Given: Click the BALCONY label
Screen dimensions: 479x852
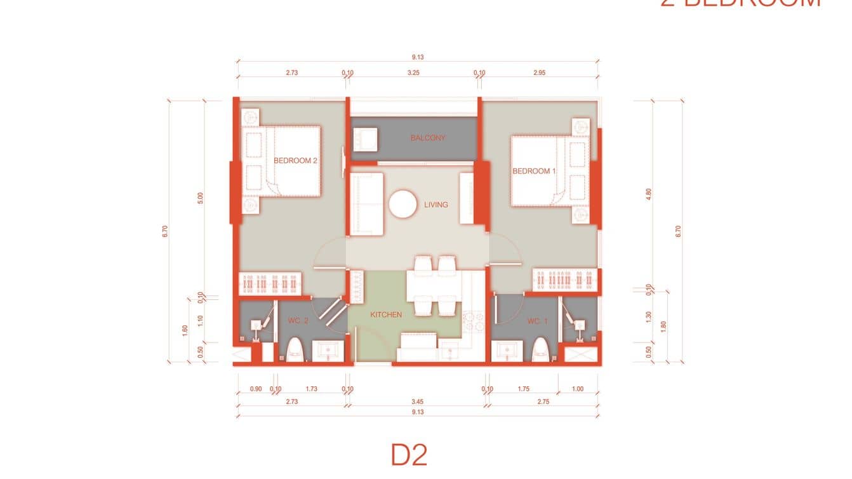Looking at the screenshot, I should tap(427, 138).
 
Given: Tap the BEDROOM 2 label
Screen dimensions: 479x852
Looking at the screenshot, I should tap(295, 161).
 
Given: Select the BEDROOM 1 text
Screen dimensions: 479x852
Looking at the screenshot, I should tap(534, 171).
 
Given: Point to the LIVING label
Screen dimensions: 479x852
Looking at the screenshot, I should tap(436, 205).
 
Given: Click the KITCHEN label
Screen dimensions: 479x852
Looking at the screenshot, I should tap(386, 314).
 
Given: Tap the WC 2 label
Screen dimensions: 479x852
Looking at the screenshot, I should tap(298, 321).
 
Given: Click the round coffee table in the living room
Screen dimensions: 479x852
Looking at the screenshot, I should tap(403, 205).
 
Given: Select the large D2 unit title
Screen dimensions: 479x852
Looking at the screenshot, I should tap(409, 455).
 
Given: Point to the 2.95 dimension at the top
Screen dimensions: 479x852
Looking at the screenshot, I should tap(539, 72).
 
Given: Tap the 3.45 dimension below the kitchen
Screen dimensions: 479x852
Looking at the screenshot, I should tap(417, 401).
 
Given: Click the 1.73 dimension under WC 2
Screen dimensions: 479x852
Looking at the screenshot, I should tap(311, 389).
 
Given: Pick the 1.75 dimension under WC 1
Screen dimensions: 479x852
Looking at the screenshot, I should tap(524, 389).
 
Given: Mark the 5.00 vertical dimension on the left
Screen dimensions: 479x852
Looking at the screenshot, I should tap(201, 198).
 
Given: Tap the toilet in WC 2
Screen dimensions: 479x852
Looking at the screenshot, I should tap(295, 350).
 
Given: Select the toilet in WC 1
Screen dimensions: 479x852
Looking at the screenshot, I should tap(540, 349).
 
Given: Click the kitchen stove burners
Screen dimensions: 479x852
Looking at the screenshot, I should tap(472, 321).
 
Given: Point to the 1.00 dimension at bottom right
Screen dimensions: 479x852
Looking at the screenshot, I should tap(577, 389).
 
